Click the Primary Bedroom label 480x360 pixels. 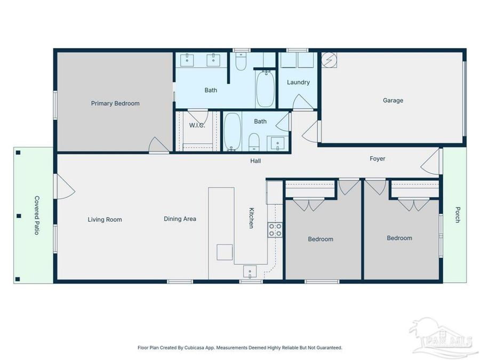(115, 103)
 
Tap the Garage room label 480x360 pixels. (393, 100)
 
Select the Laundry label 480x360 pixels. (298, 82)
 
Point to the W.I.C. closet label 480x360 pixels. (197, 126)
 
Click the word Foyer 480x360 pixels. (378, 158)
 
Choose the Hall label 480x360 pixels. (256, 161)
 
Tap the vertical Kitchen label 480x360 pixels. (250, 218)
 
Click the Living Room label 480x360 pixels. (105, 219)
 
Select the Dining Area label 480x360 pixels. (180, 219)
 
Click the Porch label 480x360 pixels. (457, 214)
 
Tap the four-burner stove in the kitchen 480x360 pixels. (275, 230)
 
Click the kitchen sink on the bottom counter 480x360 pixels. (250, 271)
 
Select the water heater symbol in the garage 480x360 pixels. (328, 60)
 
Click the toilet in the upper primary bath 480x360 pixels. (241, 62)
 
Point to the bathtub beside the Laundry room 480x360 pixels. (265, 89)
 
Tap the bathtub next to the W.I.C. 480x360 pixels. (232, 131)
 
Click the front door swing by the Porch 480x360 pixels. (432, 162)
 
